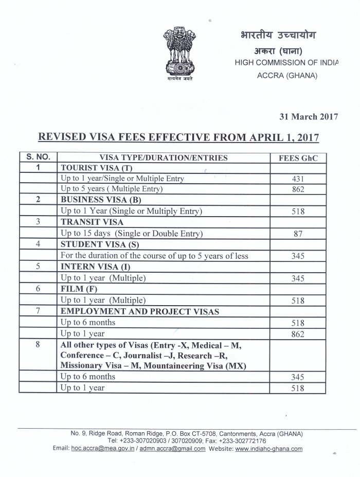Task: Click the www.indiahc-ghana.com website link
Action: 268,448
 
